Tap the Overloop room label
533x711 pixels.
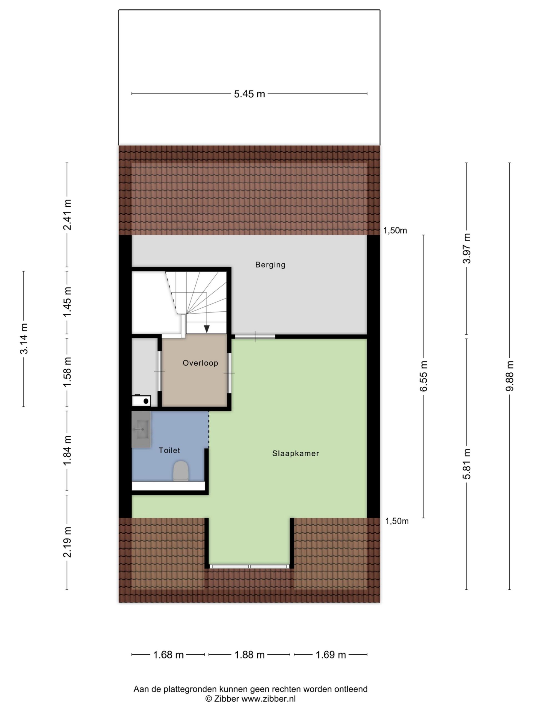coord(200,363)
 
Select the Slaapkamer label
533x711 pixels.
coord(296,454)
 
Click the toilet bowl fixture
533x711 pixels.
coord(180,471)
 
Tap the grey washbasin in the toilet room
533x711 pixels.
coord(141,429)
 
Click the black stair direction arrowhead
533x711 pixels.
coord(207,329)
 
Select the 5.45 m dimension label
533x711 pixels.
coord(249,94)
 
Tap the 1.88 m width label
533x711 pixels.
coord(249,655)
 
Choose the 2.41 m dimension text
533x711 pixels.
coord(67,215)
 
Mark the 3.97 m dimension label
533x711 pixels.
coord(466,249)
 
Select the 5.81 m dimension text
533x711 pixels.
coord(466,464)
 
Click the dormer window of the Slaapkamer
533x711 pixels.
coord(249,566)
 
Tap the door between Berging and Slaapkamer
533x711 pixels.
coord(255,337)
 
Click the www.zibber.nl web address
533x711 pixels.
coord(269,699)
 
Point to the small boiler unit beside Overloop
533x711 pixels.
coord(141,400)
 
